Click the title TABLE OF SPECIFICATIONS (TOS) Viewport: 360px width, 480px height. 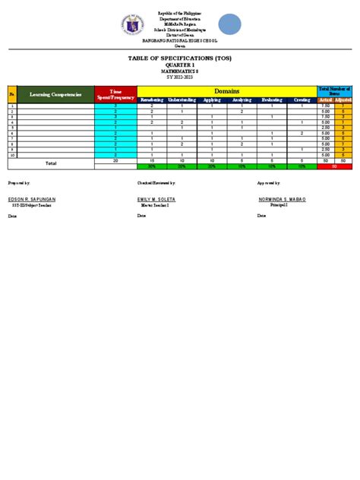coord(180,58)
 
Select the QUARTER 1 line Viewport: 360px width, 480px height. coord(180,65)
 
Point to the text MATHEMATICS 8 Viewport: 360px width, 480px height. coord(180,71)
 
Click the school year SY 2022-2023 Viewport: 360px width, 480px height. coord(180,77)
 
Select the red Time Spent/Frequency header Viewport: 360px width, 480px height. coord(115,94)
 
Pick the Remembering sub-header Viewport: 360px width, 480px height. coord(152,99)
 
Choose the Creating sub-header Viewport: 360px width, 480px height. coord(302,99)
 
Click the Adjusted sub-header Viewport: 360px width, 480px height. coord(343,99)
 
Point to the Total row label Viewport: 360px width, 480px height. coord(51,163)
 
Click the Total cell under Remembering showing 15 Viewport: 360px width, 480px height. coord(152,161)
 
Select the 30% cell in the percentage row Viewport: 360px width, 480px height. coord(152,166)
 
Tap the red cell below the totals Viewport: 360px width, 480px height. coord(335,166)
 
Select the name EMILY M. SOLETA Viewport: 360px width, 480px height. coord(155,199)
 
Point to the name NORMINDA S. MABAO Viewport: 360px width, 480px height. coord(282,199)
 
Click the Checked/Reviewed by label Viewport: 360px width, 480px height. coord(156,184)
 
